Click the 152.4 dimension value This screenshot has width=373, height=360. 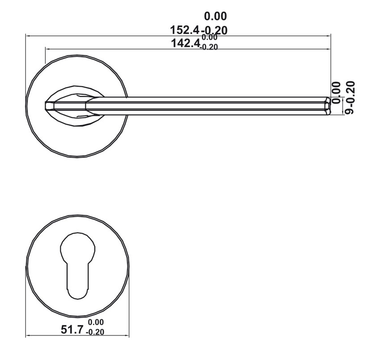pos(186,31)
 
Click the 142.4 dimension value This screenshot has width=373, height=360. pos(186,43)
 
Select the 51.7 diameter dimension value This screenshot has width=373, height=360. pos(72,330)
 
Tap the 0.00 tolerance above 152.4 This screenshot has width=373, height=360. pos(215,17)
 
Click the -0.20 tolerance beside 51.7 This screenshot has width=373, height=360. pos(95,332)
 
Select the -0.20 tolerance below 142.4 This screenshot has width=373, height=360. pos(209,47)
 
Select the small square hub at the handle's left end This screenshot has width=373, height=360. pos(50,106)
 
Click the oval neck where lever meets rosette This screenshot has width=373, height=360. pos(74,106)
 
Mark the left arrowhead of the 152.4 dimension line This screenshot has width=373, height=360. pos(27,35)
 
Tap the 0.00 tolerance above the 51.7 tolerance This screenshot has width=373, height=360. pos(96,322)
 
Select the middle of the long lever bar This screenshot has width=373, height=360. pos(206,106)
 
